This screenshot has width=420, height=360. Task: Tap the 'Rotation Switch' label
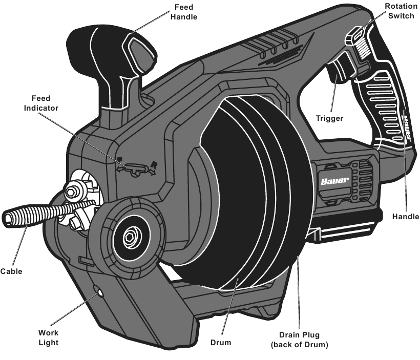tap(401, 11)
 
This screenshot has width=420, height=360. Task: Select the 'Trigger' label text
tap(329, 118)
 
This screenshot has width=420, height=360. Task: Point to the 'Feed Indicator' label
tap(45, 103)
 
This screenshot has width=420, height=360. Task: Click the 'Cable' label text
tap(11, 271)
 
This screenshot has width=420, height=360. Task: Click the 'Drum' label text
tap(221, 342)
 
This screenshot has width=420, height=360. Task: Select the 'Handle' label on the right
tap(406, 217)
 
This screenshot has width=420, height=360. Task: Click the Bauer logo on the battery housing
tap(336, 181)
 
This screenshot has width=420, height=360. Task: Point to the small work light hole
tap(99, 293)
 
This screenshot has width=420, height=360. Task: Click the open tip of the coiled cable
tap(8, 219)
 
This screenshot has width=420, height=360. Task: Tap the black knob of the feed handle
tap(102, 46)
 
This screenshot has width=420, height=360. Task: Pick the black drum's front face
tap(230, 195)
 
